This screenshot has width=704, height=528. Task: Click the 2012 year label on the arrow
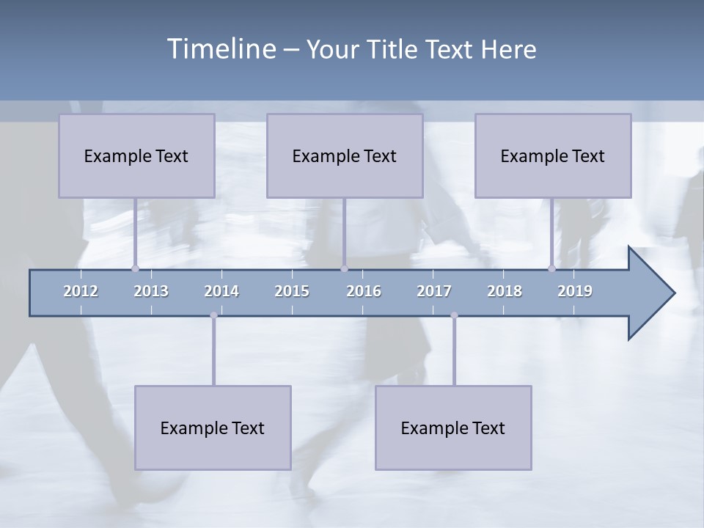[81, 291]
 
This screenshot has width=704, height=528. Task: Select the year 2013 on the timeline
[151, 291]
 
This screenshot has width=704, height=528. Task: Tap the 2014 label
[221, 291]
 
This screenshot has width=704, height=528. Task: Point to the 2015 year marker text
[292, 291]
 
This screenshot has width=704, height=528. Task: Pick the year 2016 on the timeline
[364, 291]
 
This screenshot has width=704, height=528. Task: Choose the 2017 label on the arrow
[434, 291]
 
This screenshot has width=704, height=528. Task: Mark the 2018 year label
[505, 291]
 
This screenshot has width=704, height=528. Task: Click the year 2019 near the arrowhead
[575, 291]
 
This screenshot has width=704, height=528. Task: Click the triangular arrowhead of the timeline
[650, 293]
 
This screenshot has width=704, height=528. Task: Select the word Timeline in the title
[221, 48]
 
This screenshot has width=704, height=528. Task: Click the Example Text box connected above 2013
[136, 155]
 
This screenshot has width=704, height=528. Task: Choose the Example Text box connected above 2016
[345, 155]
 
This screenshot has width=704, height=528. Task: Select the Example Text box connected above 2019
[553, 155]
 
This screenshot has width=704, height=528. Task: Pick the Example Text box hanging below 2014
[213, 428]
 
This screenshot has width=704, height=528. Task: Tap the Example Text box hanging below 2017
[453, 428]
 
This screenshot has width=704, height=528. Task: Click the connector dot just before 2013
[135, 268]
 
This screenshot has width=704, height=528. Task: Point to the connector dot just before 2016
[344, 268]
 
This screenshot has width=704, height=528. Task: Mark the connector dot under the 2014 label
[213, 315]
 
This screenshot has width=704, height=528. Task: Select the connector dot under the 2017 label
[454, 315]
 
